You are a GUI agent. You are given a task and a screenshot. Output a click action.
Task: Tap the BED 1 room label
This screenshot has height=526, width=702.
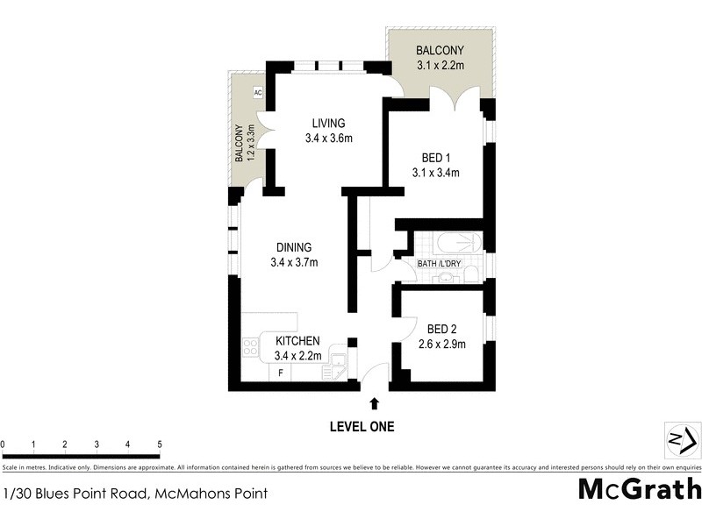click(435, 158)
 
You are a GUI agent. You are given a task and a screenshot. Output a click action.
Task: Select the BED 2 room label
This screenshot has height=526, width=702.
click(441, 329)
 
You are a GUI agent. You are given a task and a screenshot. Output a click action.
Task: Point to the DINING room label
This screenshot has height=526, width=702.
click(292, 247)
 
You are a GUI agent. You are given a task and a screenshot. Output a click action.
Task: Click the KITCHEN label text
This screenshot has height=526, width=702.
click(297, 341)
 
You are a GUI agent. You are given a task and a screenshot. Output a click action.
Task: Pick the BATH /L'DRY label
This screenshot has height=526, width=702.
click(439, 263)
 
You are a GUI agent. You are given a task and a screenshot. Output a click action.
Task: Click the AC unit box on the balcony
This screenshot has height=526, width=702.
click(258, 92)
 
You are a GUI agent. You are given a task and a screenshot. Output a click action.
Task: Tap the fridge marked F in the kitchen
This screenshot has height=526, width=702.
click(281, 373)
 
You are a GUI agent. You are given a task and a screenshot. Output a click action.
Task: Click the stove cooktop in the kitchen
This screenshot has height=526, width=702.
click(250, 348)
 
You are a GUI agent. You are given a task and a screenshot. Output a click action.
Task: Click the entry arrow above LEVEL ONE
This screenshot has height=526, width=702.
click(375, 404)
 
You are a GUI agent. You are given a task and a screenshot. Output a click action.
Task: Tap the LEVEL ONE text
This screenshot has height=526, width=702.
click(362, 427)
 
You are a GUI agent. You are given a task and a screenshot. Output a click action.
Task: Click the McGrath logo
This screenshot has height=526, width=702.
click(639, 489)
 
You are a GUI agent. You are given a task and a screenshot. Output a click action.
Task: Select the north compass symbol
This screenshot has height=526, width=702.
click(681, 438)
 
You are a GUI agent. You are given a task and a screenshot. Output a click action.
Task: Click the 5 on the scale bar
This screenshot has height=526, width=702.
click(159, 444)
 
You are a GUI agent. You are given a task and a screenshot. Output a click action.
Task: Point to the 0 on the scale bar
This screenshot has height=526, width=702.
click(4, 444)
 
